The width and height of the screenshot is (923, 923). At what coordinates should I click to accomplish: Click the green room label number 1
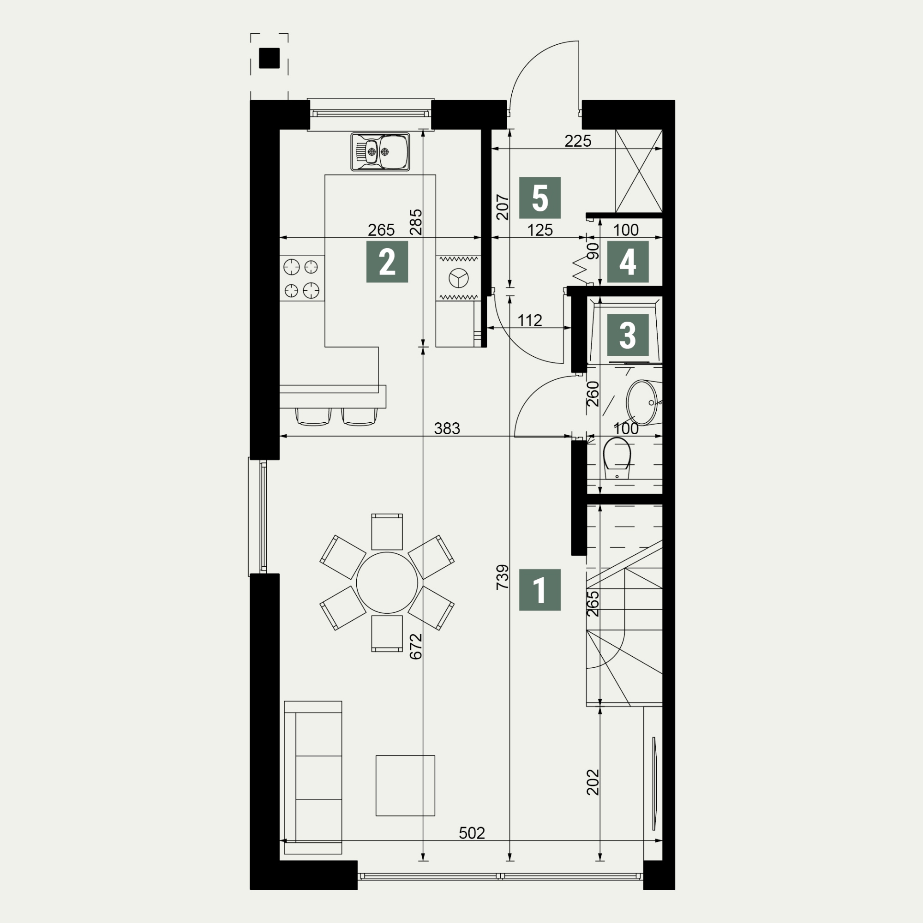(540, 589)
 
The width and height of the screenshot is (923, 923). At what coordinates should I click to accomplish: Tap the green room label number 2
(387, 261)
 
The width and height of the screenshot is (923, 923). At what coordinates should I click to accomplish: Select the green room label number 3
(628, 335)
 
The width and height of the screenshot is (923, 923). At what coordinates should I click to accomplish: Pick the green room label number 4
(628, 261)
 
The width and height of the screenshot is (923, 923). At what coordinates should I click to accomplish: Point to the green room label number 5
(540, 198)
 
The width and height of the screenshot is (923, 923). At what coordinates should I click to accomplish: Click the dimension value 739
(503, 577)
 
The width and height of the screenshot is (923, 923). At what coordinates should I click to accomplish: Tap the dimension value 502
(472, 833)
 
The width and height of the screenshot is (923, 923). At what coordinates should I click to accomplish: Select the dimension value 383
(447, 429)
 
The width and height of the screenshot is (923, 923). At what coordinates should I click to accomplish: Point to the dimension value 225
(578, 141)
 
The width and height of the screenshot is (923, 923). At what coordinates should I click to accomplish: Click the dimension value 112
(529, 320)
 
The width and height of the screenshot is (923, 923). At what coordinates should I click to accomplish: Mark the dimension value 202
(593, 782)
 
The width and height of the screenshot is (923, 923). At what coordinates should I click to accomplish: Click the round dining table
(387, 583)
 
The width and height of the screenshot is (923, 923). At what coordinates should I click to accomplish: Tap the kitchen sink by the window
(380, 152)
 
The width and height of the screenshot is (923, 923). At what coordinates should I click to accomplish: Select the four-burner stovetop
(302, 278)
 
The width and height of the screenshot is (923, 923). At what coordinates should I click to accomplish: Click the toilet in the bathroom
(617, 459)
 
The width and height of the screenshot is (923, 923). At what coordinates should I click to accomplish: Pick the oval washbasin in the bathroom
(643, 403)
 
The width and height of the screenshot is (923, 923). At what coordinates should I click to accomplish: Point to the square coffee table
(405, 785)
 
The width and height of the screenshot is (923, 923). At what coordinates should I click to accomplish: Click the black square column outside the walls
(269, 58)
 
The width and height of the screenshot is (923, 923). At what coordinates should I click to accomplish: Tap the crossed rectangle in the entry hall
(639, 171)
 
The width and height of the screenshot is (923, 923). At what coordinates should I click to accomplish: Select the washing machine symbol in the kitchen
(458, 277)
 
